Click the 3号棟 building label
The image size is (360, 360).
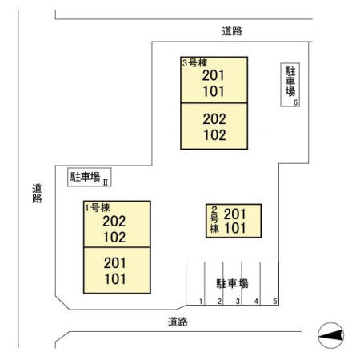(195, 63)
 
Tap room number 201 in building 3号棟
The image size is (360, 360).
(214, 75)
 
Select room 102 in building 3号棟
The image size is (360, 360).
(214, 135)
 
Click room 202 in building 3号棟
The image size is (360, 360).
(214, 119)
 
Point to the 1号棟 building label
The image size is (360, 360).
(98, 207)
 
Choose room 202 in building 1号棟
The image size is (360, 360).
(114, 222)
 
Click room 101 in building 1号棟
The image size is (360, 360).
(115, 279)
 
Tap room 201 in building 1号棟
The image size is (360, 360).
(115, 263)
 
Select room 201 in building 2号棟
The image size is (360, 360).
(234, 214)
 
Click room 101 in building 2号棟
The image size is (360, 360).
(235, 228)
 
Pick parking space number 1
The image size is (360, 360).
(201, 302)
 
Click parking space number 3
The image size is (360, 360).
(238, 302)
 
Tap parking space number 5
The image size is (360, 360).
(275, 302)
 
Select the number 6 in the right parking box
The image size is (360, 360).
(295, 102)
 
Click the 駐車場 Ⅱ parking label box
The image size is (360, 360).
(90, 177)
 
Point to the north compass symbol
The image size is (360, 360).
(331, 335)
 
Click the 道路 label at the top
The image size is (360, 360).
(232, 31)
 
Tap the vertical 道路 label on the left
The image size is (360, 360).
(37, 194)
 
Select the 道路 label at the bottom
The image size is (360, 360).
(178, 322)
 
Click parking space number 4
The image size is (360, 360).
(256, 302)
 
